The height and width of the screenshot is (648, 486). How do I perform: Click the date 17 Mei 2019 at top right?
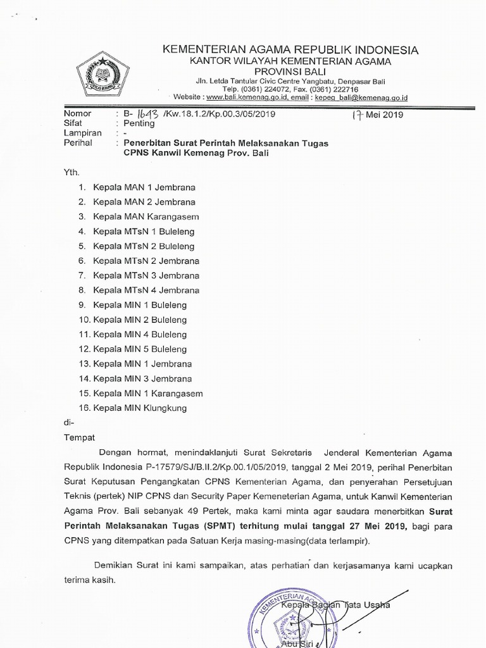377,115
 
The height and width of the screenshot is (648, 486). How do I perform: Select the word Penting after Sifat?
139,123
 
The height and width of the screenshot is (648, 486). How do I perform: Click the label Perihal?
78,143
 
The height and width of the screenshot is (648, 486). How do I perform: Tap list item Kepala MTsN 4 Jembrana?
146,290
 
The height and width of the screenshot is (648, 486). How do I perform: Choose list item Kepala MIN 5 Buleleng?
140,349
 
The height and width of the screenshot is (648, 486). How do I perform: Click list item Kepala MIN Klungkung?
140,408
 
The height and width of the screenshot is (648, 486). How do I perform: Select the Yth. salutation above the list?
72,171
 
